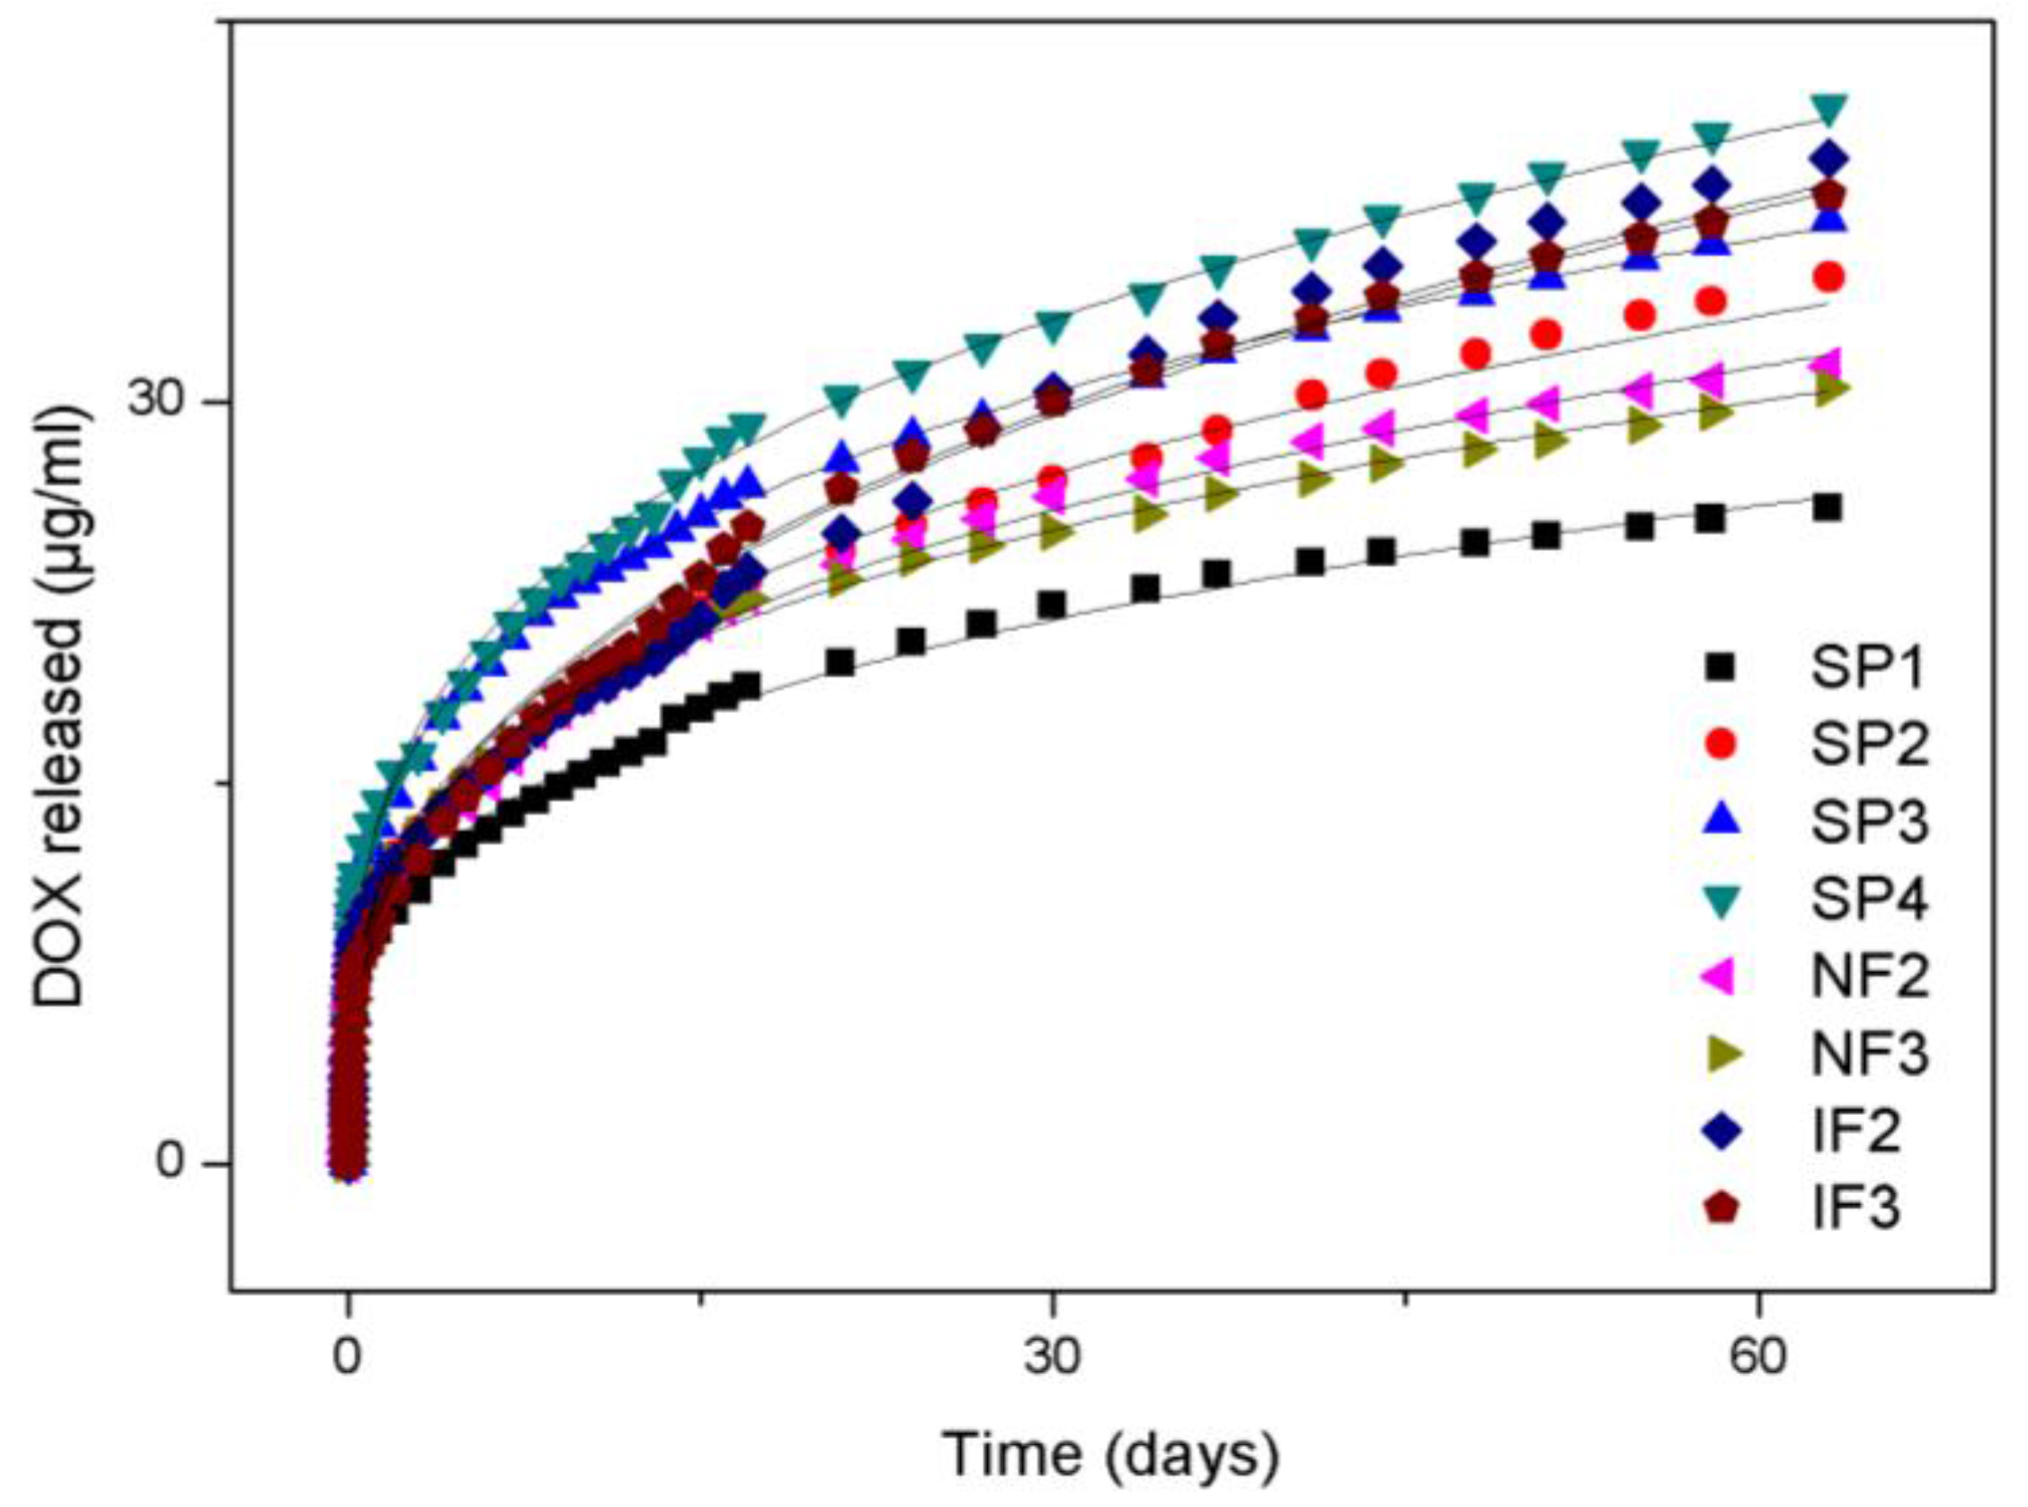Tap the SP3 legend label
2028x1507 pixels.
pos(1868,821)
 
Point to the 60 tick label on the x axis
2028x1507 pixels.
pos(1757,1359)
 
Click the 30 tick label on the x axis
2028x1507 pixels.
pos(1054,1359)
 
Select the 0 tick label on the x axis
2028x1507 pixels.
pos(347,1359)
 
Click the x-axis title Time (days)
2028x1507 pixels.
pos(1110,1456)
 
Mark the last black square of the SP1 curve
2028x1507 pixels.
pos(1828,507)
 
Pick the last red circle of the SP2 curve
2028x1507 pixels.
pos(1828,276)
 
